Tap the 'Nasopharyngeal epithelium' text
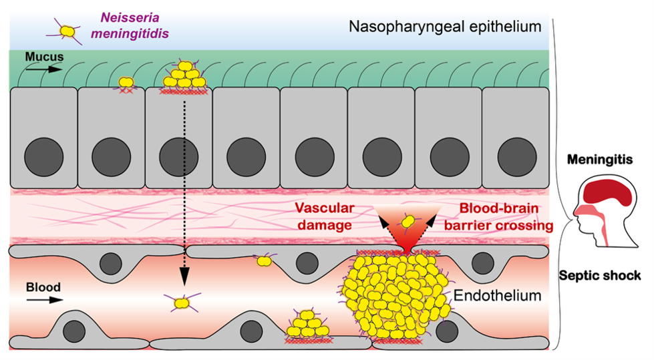(444, 27)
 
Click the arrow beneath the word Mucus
(46, 68)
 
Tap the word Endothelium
(496, 295)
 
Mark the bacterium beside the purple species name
(67, 31)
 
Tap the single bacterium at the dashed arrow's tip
(182, 303)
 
